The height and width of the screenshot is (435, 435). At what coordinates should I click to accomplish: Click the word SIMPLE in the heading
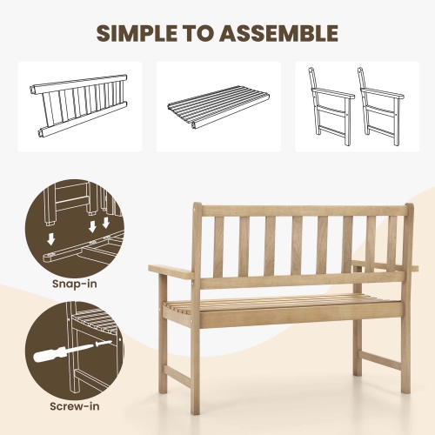(x=143, y=34)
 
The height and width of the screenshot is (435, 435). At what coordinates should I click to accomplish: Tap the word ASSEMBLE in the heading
(x=278, y=34)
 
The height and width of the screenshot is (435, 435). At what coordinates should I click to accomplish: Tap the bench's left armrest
(x=172, y=271)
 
